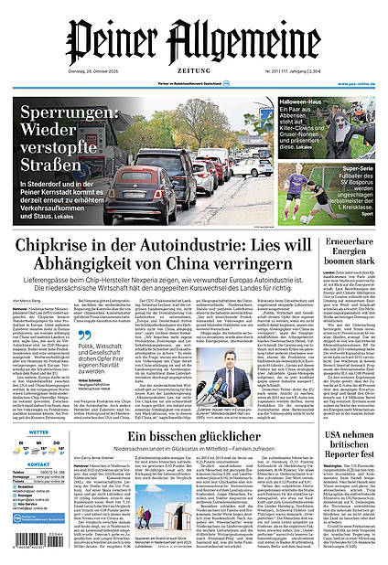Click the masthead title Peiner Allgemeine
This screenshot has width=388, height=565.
click(194, 41)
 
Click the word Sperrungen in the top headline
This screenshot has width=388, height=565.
click(69, 118)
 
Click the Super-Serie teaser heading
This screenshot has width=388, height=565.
click(339, 170)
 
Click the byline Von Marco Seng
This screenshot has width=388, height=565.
click(29, 300)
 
